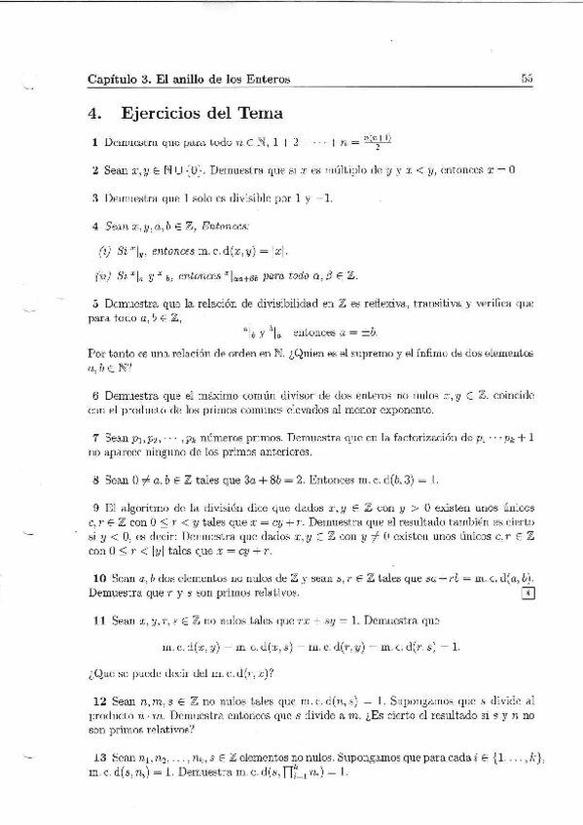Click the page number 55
coord(527,79)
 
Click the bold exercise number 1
coord(93,144)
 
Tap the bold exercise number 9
coord(93,508)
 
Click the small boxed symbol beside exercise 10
coord(527,592)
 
